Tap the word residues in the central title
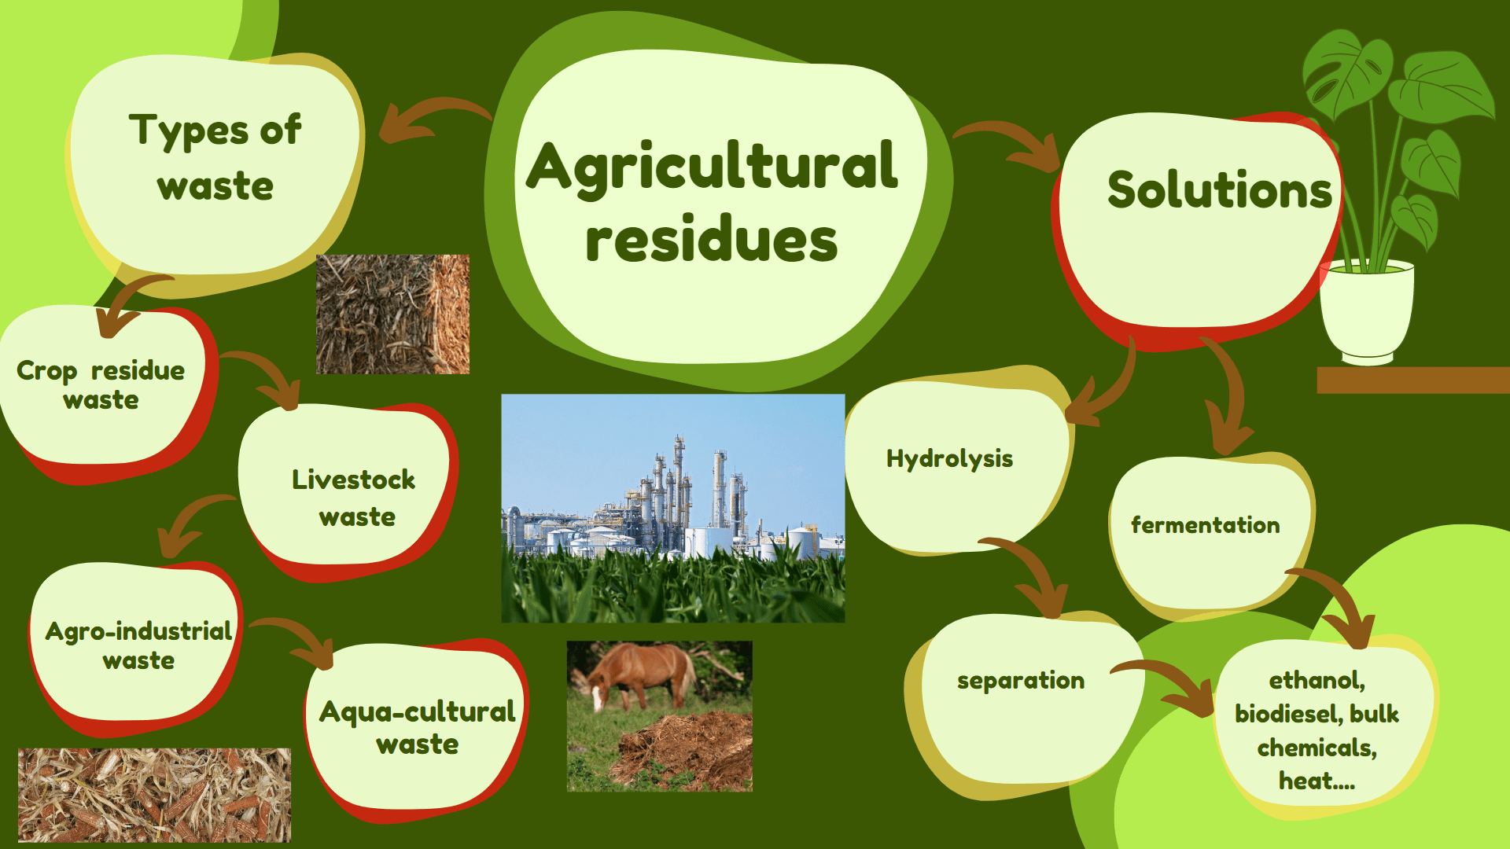point(712,239)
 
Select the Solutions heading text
point(1220,189)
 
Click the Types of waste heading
point(215,157)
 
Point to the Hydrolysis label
point(949,459)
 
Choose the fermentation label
point(1205,524)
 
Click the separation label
point(1020,681)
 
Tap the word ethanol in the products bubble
point(1317,680)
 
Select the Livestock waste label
point(354,498)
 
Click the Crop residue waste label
point(101,385)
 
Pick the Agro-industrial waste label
point(138,645)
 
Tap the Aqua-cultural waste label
point(418,727)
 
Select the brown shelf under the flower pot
point(1413,380)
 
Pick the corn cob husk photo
point(154,795)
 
